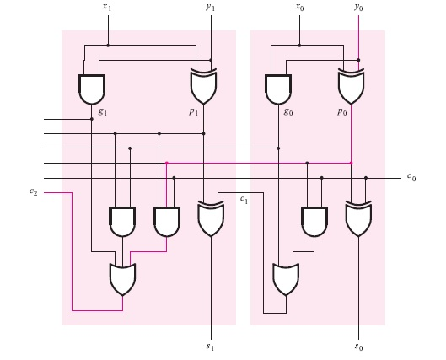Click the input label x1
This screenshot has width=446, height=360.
coord(106,8)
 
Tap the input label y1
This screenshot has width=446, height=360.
coord(211,8)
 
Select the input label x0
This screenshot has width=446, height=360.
coord(299,8)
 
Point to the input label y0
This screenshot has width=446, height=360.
coord(358,8)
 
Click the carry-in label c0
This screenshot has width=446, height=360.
coord(411,177)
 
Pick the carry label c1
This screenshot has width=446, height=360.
coord(244,200)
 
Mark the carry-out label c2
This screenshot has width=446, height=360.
coord(33,192)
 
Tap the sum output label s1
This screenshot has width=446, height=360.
coord(211,347)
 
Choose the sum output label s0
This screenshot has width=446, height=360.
coord(359,347)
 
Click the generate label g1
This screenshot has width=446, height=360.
coord(102,110)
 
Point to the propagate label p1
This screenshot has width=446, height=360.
coord(194,110)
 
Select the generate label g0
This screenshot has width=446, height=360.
coord(288,110)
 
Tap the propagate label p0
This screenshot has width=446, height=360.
coord(341,110)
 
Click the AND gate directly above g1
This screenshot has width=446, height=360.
coord(91,89)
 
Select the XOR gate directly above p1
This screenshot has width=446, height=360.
coord(203,87)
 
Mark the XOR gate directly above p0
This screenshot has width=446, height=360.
coord(351,87)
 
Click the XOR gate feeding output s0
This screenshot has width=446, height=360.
coord(358,218)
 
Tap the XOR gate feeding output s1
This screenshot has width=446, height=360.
coord(210,218)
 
